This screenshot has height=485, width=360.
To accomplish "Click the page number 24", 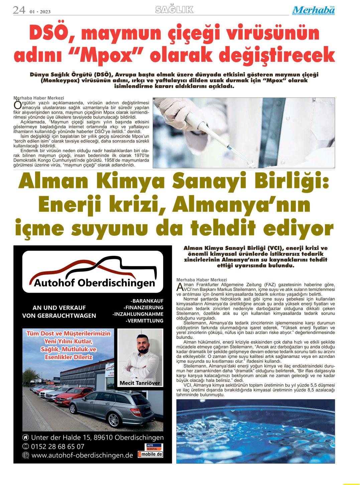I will pyautogui.click(x=19, y=10).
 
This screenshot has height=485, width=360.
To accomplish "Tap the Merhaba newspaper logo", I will pyautogui.click(x=313, y=11).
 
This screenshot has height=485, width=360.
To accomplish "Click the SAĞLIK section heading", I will pyautogui.click(x=174, y=10).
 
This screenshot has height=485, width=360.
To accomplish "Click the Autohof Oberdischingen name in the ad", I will pyautogui.click(x=95, y=284).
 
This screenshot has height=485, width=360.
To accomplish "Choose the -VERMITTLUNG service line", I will pyautogui.click(x=144, y=321).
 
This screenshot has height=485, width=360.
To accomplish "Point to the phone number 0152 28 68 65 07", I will pyautogui.click(x=57, y=446).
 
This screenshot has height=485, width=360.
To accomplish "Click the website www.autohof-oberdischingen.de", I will pyautogui.click(x=82, y=455).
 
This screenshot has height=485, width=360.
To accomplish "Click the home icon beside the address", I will pyautogui.click(x=25, y=438).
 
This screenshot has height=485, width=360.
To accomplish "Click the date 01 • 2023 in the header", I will pyautogui.click(x=40, y=12).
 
